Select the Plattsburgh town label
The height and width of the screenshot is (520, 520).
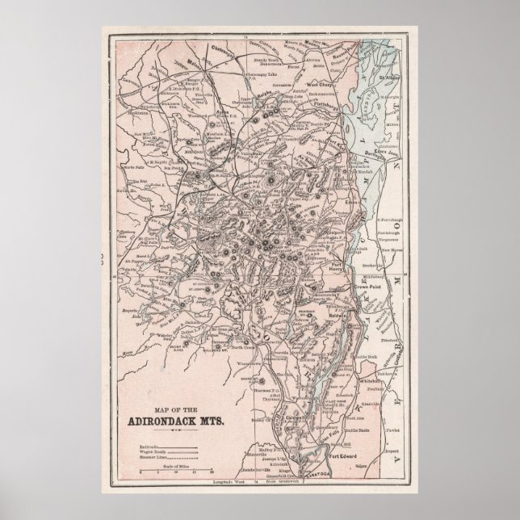[x=325, y=104]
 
